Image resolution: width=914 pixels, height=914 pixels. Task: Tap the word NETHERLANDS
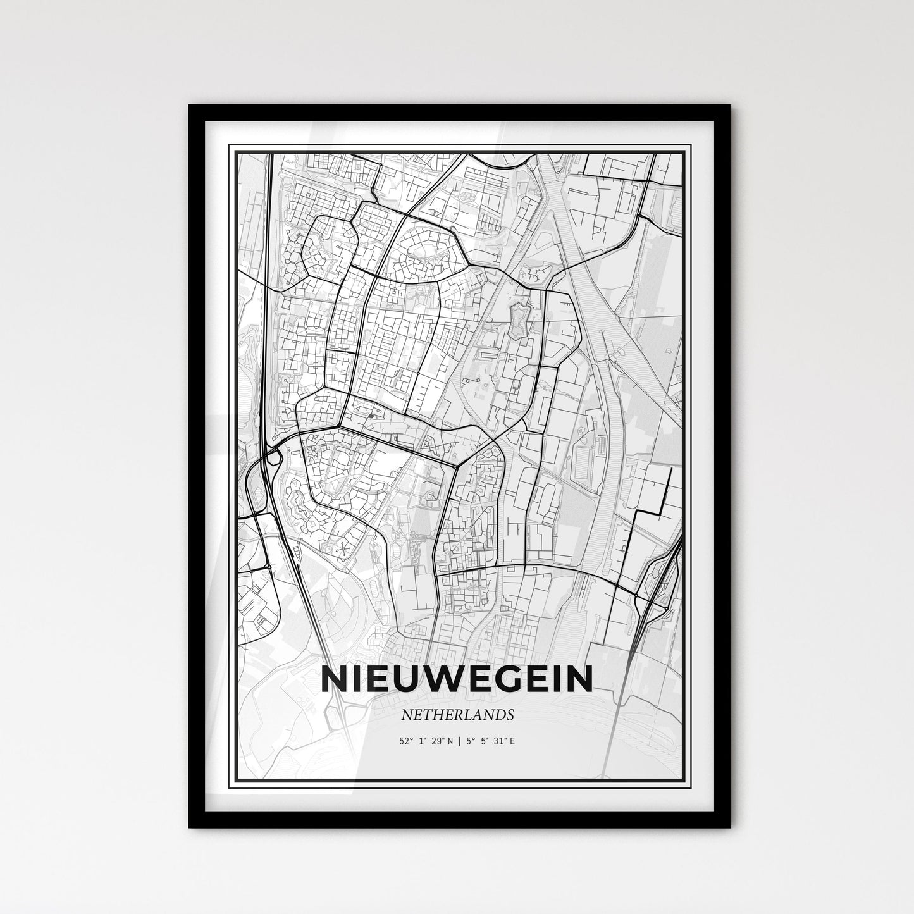coord(457,715)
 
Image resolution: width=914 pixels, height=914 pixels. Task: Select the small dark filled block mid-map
coord(371,416)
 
